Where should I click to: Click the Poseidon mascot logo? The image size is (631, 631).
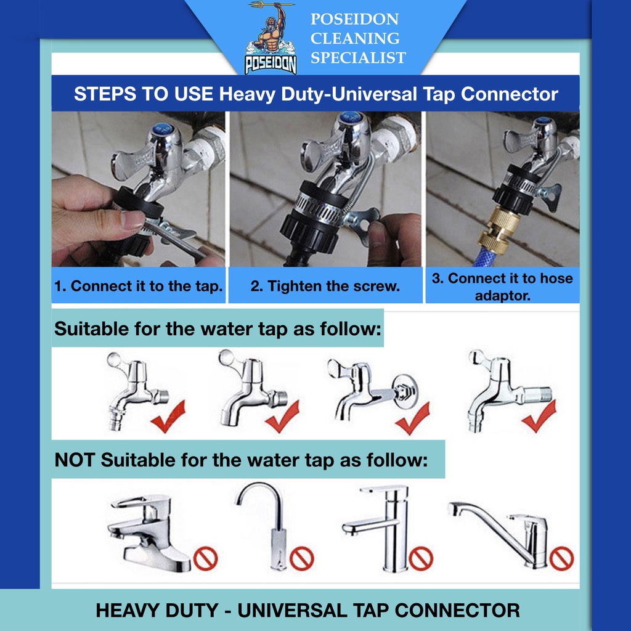coord(271,38)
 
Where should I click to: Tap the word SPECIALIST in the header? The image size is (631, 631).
coord(358,58)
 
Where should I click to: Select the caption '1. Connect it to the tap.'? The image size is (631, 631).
coord(139,286)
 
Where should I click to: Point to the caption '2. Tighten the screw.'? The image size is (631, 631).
coord(325,286)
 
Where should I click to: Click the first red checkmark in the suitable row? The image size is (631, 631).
coord(169,417)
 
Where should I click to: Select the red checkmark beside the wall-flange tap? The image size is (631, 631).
coord(413,418)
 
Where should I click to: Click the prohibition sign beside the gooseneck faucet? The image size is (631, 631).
coord(302,558)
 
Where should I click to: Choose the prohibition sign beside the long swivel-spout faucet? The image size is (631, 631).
coord(561,558)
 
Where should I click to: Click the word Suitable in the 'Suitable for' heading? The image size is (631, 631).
coord(92,329)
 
